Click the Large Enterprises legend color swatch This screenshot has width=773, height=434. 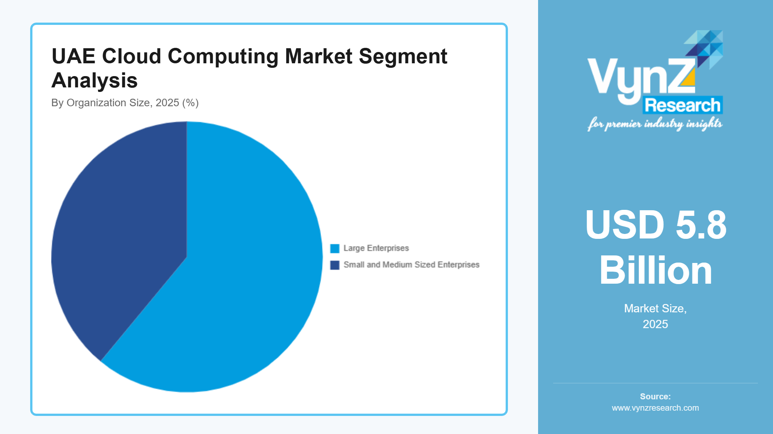pyautogui.click(x=334, y=249)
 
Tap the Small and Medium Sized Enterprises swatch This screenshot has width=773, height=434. pyautogui.click(x=334, y=265)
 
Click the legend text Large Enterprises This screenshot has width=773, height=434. pyautogui.click(x=376, y=248)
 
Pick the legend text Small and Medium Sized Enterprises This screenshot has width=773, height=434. pyautogui.click(x=411, y=265)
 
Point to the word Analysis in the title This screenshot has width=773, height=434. pyautogui.click(x=94, y=81)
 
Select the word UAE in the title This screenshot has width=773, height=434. pyautogui.click(x=74, y=57)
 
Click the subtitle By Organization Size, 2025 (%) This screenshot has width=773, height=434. pyautogui.click(x=125, y=103)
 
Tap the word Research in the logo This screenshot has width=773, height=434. pyautogui.click(x=683, y=105)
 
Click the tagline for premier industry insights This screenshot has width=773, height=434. pyautogui.click(x=655, y=124)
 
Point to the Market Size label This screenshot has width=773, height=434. pyautogui.click(x=655, y=309)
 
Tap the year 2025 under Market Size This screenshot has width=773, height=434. pyautogui.click(x=655, y=324)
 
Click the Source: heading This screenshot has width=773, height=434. pyautogui.click(x=655, y=396)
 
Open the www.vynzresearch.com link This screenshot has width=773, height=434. pyautogui.click(x=655, y=408)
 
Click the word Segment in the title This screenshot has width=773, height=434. pyautogui.click(x=403, y=57)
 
